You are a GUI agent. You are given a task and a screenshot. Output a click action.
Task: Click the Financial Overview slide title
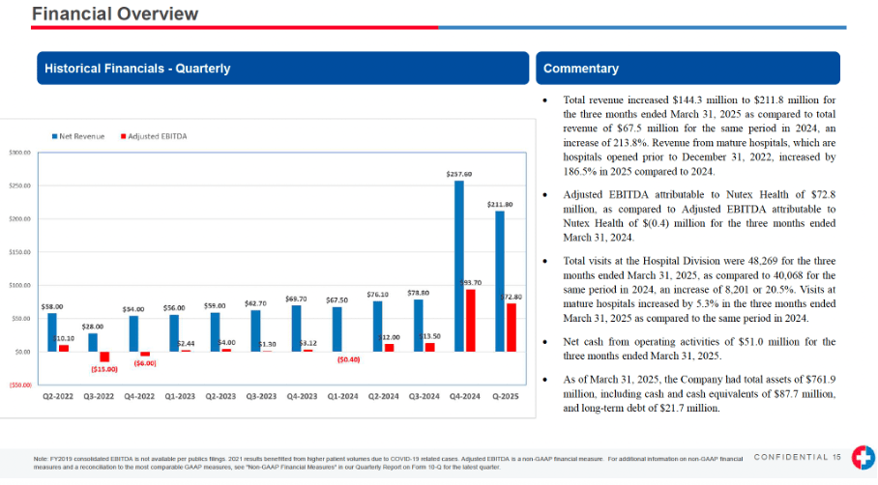point(115,14)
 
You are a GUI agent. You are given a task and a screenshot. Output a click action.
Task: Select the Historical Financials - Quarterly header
point(136,69)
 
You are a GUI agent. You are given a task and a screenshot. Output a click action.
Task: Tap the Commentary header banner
point(581,69)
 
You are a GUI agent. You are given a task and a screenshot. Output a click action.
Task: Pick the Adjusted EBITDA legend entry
point(154,136)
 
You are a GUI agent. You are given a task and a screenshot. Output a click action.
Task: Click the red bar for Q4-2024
point(470,320)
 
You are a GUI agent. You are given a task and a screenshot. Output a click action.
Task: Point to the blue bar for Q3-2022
point(93,342)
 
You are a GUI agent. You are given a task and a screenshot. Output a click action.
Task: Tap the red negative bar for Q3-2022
point(104,357)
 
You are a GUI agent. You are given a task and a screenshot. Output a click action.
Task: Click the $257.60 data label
point(458,174)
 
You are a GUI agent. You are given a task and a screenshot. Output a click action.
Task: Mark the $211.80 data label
point(500,205)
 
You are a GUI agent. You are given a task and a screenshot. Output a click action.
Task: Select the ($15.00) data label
point(104,369)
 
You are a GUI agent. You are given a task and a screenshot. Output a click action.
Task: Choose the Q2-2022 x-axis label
point(58,395)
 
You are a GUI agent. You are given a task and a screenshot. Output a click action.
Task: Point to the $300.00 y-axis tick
point(20,153)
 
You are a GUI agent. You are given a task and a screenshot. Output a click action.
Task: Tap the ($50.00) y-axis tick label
point(19,385)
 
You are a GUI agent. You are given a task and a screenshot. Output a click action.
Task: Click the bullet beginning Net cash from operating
point(699,349)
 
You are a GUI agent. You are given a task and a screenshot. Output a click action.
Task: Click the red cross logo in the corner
point(861,461)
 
